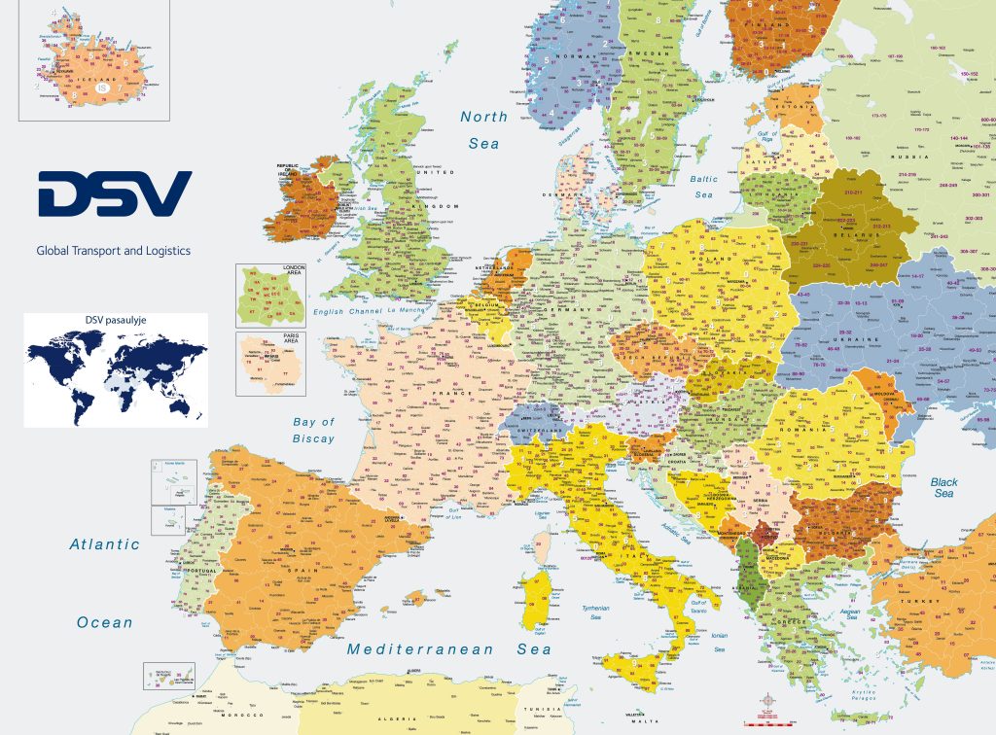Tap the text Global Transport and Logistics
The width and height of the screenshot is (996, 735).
click(113, 251)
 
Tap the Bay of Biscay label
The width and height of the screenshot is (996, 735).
click(313, 430)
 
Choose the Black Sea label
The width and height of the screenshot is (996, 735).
click(943, 487)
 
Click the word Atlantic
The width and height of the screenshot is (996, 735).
click(104, 545)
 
